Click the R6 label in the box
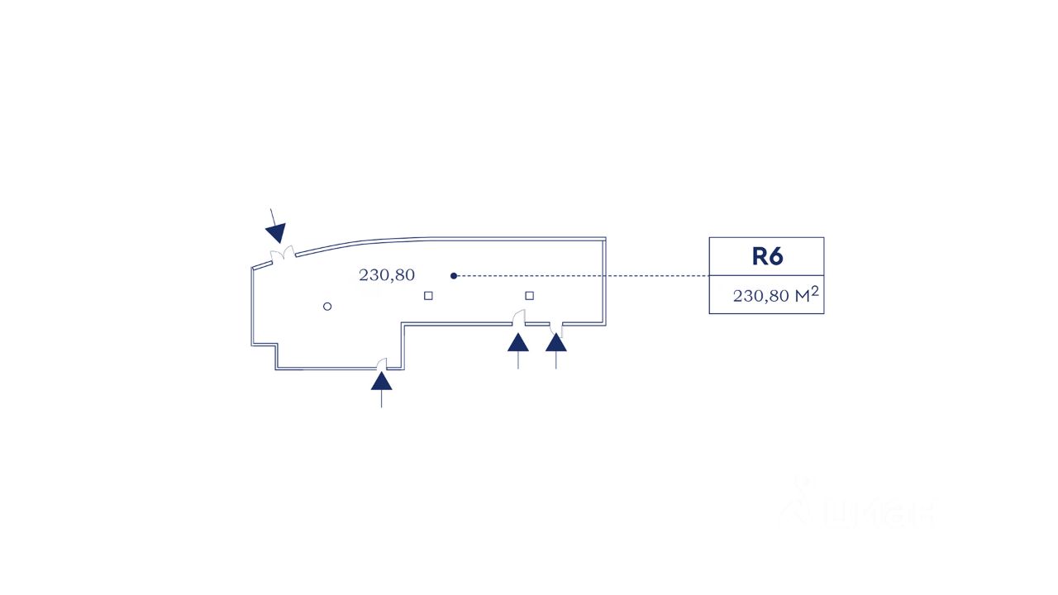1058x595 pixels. pyautogui.click(x=766, y=256)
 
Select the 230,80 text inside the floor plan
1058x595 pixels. pyautogui.click(x=386, y=275)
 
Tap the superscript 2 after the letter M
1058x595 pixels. pyautogui.click(x=815, y=290)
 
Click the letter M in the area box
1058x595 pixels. pyautogui.click(x=802, y=297)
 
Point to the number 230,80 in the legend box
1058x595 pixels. pyautogui.click(x=761, y=297)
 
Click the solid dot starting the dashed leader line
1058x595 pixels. pyautogui.click(x=454, y=275)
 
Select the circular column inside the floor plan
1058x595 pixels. pyautogui.click(x=327, y=307)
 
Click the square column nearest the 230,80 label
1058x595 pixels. pyautogui.click(x=428, y=295)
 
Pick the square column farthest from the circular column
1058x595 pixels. pyautogui.click(x=530, y=295)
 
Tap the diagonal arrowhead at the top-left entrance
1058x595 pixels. pyautogui.click(x=276, y=232)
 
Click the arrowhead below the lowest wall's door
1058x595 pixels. pyautogui.click(x=381, y=380)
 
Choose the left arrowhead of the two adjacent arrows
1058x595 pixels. pyautogui.click(x=518, y=342)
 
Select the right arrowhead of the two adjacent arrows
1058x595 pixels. pyautogui.click(x=556, y=342)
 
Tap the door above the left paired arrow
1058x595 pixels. pyautogui.click(x=519, y=317)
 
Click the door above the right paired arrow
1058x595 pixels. pyautogui.click(x=557, y=329)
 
